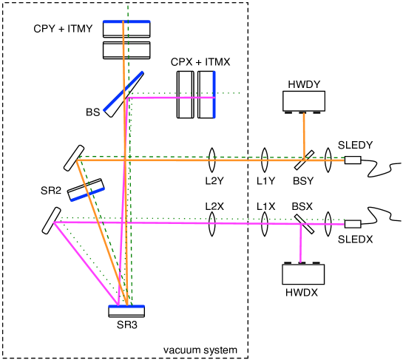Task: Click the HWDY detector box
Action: (x=303, y=101)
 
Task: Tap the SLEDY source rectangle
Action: (x=352, y=160)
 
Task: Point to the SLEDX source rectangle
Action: (x=353, y=224)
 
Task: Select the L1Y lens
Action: (x=265, y=160)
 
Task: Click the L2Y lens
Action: (x=212, y=160)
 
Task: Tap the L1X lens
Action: (x=265, y=224)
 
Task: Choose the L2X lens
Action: (x=212, y=224)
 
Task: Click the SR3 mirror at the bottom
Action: (x=126, y=310)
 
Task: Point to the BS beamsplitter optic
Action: (x=124, y=95)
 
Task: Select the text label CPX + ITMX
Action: (x=200, y=63)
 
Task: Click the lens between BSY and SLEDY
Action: (x=328, y=160)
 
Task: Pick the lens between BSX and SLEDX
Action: (x=328, y=224)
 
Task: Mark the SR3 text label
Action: (x=126, y=324)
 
